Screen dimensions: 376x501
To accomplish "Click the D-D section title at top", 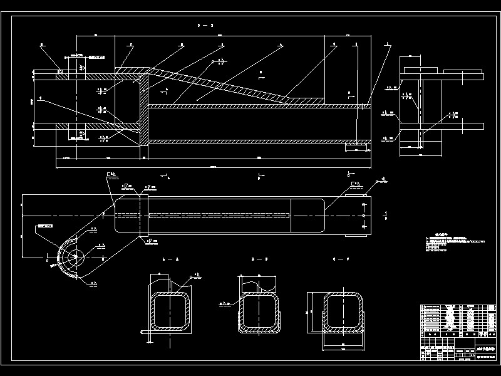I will point(205,26).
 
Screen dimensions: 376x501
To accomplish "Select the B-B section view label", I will point(259,259).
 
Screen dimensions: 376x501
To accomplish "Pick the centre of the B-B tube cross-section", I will point(258,311).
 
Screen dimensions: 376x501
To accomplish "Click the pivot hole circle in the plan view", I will point(77,257).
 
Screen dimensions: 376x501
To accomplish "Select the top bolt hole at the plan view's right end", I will point(364,205).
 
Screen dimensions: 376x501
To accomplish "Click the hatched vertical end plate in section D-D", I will point(143,110).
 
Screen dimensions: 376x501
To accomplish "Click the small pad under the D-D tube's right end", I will point(357,147).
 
